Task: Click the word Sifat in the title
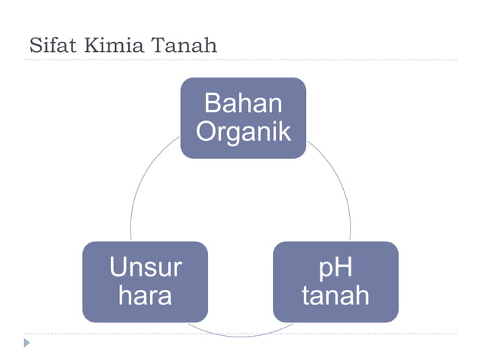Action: [x=52, y=45]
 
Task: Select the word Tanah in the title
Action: [x=184, y=45]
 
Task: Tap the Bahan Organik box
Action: [x=243, y=117]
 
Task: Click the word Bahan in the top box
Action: [x=243, y=104]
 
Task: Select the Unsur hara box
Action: [x=145, y=281]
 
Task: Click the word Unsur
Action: [x=145, y=267]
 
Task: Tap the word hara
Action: [x=145, y=295]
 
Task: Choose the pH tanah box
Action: [x=335, y=281]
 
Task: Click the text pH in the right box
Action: [x=335, y=267]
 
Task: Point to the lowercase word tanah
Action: [x=335, y=295]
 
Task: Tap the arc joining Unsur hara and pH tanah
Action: [x=240, y=336]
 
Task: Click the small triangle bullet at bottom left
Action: [x=28, y=343]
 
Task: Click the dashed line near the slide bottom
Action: [x=377, y=334]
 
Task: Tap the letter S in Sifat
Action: [x=34, y=45]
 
